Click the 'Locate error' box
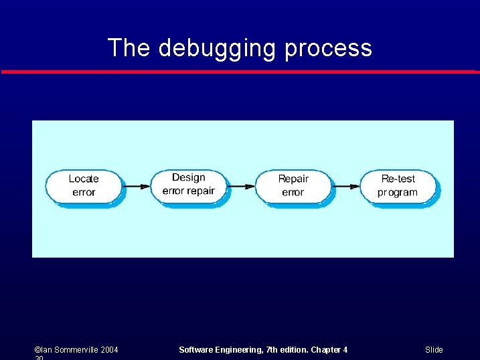pos(84,185)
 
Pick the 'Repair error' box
pos(293,185)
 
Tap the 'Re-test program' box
pos(398,185)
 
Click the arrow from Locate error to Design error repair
pos(137,186)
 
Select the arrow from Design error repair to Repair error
pos(242,186)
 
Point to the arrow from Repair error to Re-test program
pos(346,186)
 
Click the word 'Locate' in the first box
pos(84,179)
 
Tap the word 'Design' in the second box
pos(188,177)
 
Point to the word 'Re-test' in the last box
pos(398,179)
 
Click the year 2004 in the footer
pos(108,350)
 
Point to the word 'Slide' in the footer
pos(434,350)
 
